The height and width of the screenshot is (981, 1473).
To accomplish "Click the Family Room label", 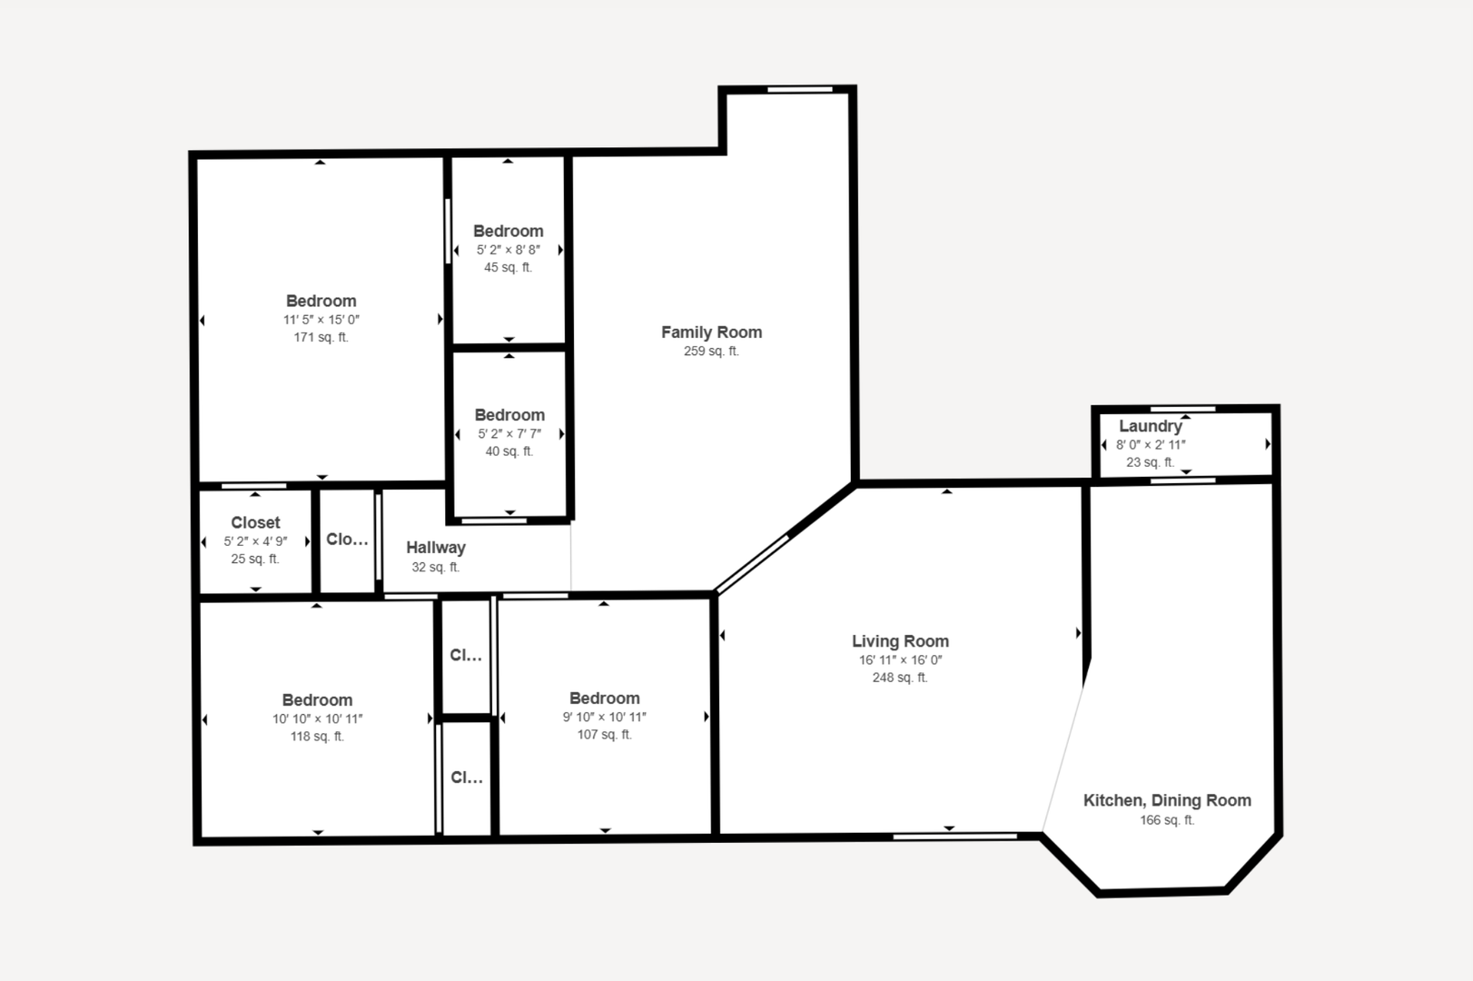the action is pyautogui.click(x=711, y=332).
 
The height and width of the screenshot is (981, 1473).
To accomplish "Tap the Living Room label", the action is pyautogui.click(x=900, y=641).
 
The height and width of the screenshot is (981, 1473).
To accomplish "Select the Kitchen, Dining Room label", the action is pyautogui.click(x=1167, y=801).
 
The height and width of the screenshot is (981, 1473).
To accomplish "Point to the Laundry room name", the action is pyautogui.click(x=1151, y=426).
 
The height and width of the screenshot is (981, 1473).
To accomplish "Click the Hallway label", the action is pyautogui.click(x=436, y=548).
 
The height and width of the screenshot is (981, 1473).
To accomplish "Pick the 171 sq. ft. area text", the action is pyautogui.click(x=321, y=338).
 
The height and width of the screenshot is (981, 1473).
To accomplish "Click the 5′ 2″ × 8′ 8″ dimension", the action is pyautogui.click(x=509, y=250).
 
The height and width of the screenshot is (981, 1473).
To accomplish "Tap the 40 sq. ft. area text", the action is pyautogui.click(x=509, y=451).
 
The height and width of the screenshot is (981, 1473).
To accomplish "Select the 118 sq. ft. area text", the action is pyautogui.click(x=317, y=737).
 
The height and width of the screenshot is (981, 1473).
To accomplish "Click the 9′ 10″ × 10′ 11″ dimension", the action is pyautogui.click(x=604, y=718).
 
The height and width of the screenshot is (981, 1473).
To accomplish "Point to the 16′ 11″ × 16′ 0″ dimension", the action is pyautogui.click(x=900, y=660).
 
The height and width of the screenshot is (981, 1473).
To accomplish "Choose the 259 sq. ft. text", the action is pyautogui.click(x=711, y=352).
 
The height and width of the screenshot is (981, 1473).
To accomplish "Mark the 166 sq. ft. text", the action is pyautogui.click(x=1167, y=820).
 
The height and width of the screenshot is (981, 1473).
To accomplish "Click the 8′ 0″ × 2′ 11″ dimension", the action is pyautogui.click(x=1151, y=445).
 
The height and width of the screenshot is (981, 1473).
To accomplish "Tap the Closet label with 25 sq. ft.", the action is pyautogui.click(x=255, y=523).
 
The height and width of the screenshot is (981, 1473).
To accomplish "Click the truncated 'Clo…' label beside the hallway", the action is pyautogui.click(x=347, y=540).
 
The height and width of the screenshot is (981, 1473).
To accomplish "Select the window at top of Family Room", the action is pyautogui.click(x=800, y=90).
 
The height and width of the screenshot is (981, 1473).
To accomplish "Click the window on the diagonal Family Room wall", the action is pyautogui.click(x=752, y=564).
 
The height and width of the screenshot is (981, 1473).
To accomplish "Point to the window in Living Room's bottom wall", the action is pyautogui.click(x=954, y=837).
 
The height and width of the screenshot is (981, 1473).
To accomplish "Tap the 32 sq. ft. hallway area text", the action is pyautogui.click(x=435, y=567).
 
